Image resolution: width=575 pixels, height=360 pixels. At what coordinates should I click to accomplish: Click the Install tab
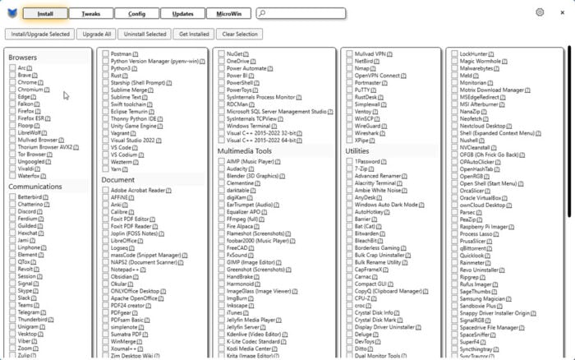click(45, 13)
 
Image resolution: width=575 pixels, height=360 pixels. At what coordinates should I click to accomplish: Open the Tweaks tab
click(90, 13)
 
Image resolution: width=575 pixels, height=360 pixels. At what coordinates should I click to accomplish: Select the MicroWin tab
click(229, 13)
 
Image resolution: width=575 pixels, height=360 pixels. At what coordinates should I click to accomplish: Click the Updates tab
click(182, 13)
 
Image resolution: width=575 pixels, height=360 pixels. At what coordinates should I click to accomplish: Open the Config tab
click(136, 13)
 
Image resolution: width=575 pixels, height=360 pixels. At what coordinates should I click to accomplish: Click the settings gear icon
click(540, 12)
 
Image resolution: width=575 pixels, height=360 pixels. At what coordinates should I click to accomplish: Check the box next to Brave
click(13, 75)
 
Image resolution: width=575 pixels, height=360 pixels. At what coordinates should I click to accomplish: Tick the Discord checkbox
click(13, 212)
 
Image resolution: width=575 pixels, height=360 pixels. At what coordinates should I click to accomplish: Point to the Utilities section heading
click(357, 151)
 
